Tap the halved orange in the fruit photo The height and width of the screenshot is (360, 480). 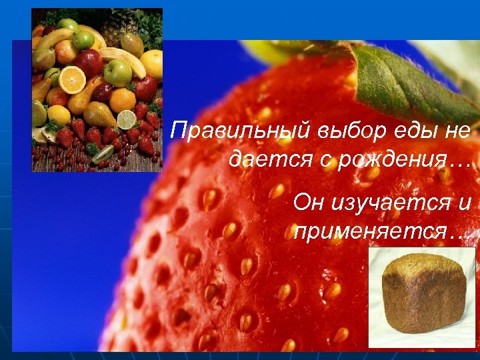(x=72, y=80)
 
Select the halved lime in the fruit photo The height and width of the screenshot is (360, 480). (x=127, y=119)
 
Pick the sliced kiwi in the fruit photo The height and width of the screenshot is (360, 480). (x=103, y=154)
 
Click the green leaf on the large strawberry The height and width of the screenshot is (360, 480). (x=407, y=80)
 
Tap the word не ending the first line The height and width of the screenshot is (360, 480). (x=456, y=131)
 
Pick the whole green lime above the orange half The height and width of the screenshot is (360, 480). (x=84, y=40)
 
